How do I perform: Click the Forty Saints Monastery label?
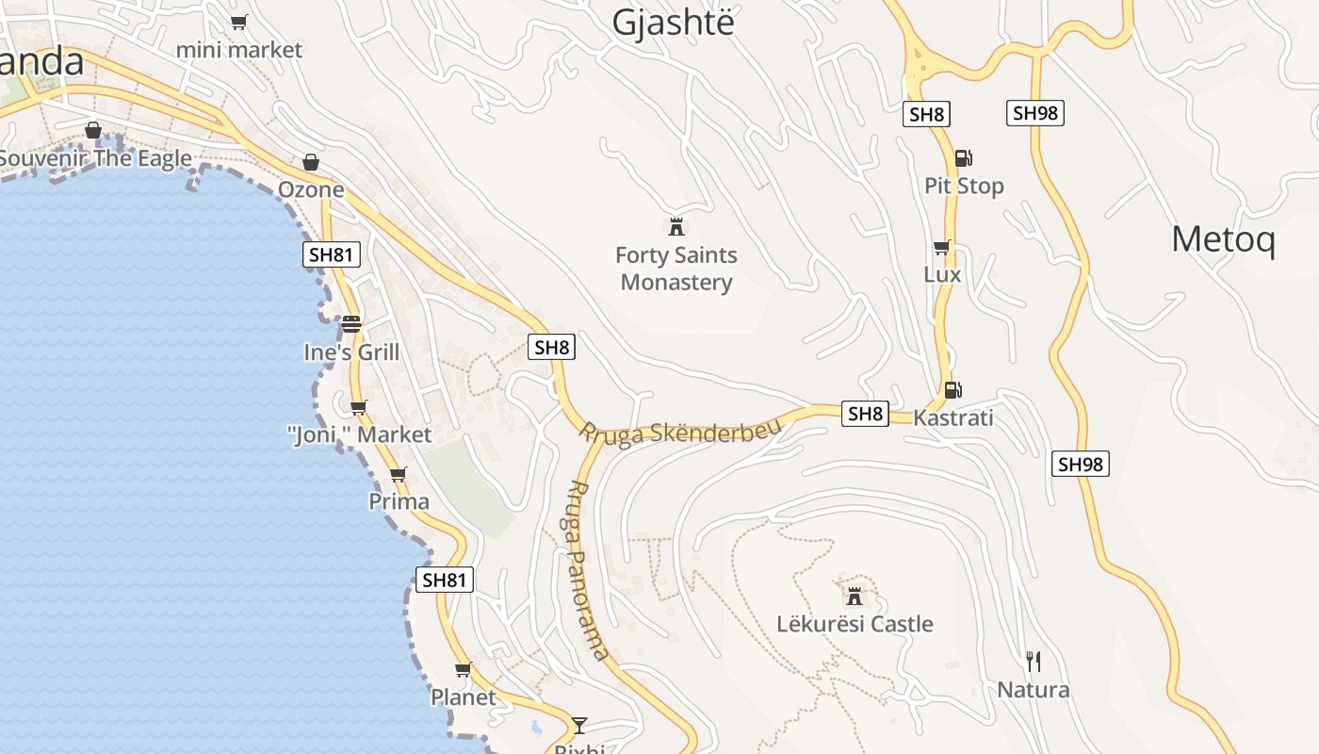tap(676, 269)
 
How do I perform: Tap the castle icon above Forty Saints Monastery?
tap(676, 226)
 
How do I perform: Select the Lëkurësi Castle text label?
tap(855, 624)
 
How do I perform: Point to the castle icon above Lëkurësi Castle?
tap(855, 596)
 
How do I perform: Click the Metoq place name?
tap(1223, 239)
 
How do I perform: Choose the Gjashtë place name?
tap(672, 23)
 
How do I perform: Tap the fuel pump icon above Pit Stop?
tap(963, 158)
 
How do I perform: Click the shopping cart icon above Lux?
tap(941, 248)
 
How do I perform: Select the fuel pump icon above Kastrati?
tap(953, 389)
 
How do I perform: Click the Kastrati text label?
tap(953, 418)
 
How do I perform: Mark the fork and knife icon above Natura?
tap(1034, 662)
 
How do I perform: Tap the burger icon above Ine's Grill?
tap(351, 324)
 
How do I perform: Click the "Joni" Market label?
tap(359, 434)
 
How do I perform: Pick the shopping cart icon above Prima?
tap(399, 474)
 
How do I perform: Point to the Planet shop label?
tap(463, 697)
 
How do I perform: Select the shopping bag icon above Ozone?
tap(311, 162)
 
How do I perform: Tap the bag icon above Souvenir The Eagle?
tap(93, 130)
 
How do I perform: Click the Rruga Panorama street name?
tap(590, 571)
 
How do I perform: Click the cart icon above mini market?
tap(239, 22)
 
